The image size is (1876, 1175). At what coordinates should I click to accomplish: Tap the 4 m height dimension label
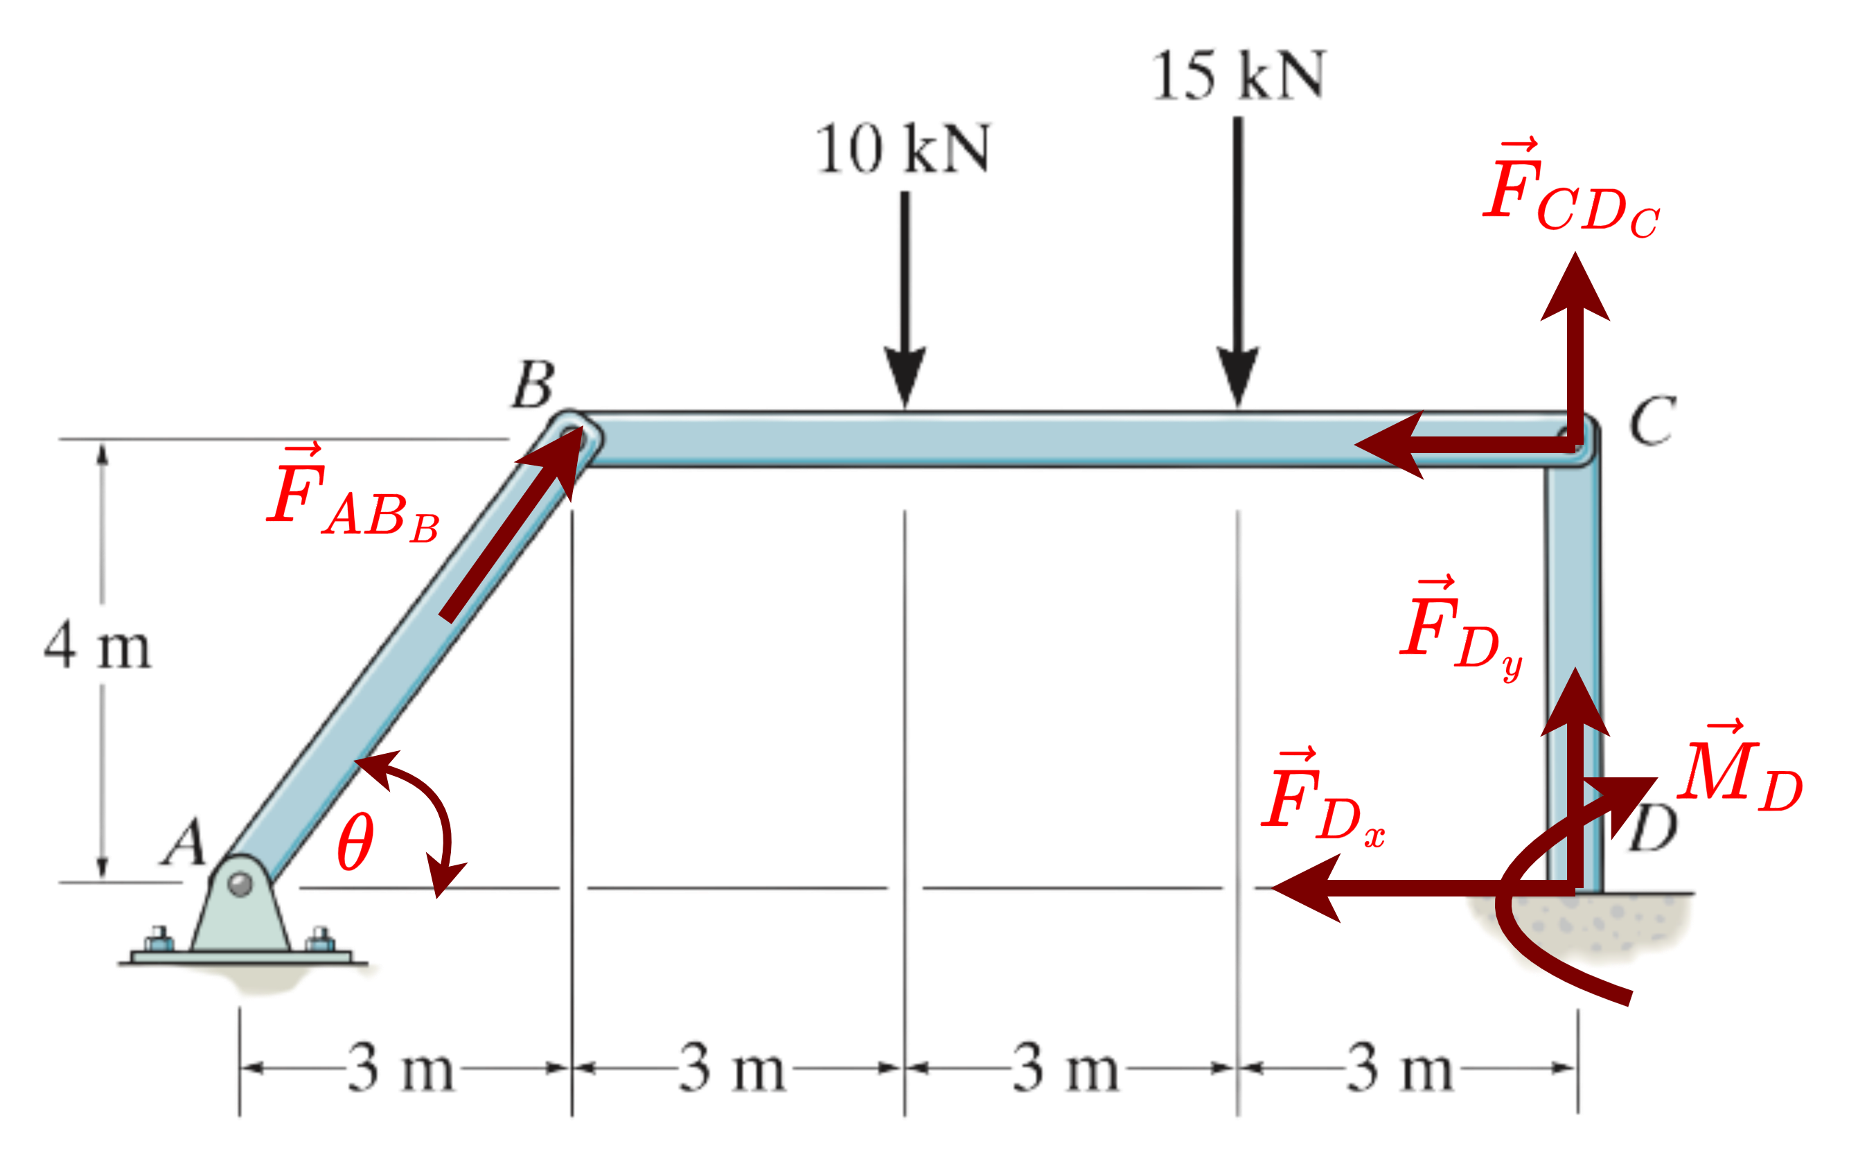click(98, 644)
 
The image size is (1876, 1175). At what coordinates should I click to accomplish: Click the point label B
click(533, 384)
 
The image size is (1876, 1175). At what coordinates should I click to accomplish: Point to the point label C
click(1652, 421)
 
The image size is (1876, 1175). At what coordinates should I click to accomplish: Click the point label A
click(184, 841)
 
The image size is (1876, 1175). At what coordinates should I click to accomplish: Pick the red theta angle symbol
click(355, 841)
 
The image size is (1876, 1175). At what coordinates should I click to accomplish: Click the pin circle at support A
click(240, 884)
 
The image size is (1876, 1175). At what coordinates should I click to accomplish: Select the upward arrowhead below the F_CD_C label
click(1575, 288)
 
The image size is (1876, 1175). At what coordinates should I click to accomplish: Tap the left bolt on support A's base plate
click(159, 938)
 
